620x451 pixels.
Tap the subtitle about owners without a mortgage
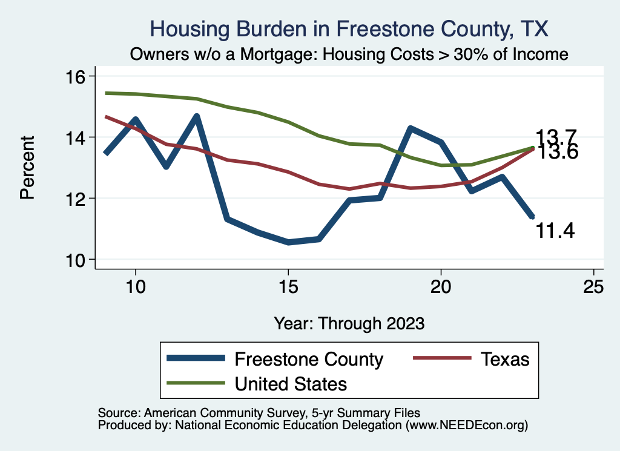coord(349,54)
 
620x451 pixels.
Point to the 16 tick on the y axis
coord(79,76)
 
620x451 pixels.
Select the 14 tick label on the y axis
coord(79,137)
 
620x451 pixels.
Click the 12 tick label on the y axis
coord(79,199)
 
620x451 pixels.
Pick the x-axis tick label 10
coord(135,288)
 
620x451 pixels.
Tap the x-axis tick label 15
coord(288,288)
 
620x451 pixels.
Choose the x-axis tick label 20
coord(441,288)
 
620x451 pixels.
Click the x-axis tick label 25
coord(593,288)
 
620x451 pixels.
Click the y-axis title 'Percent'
coord(27,168)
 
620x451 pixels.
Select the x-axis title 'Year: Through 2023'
coord(349,323)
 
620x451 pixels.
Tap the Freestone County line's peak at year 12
coord(196,117)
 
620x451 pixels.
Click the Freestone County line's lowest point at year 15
coord(288,242)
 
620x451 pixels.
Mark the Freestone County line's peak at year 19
coord(411,128)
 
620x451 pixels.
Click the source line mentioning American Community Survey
coord(255,412)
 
